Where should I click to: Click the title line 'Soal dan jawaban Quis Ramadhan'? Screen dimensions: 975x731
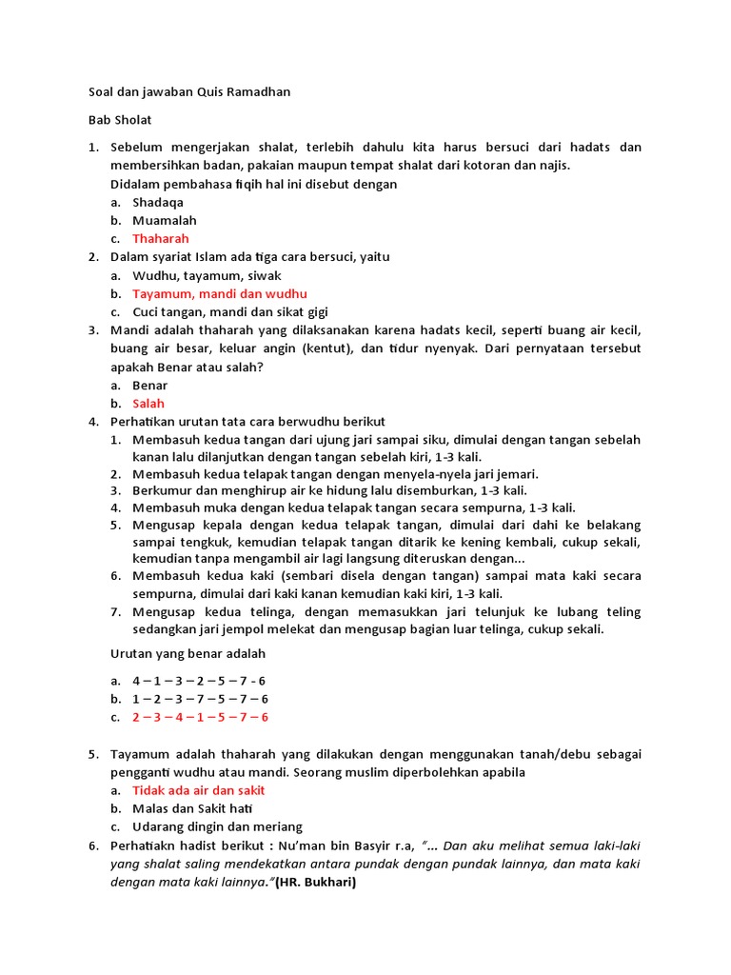pyautogui.click(x=189, y=92)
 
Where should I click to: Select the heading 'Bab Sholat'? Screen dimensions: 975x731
pyautogui.click(x=120, y=120)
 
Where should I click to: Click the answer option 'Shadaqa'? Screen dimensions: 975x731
pyautogui.click(x=158, y=202)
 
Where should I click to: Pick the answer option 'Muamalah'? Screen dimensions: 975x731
pyautogui.click(x=165, y=220)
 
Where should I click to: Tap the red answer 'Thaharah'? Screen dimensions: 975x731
pyautogui.click(x=161, y=238)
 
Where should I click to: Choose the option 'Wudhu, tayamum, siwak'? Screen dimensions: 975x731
pyautogui.click(x=207, y=275)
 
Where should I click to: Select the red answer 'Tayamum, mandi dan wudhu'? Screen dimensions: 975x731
pyautogui.click(x=220, y=293)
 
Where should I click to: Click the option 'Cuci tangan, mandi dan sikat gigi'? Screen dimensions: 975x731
pyautogui.click(x=230, y=311)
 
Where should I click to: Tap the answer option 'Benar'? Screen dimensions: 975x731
pyautogui.click(x=150, y=385)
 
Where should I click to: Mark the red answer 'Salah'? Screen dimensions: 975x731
pyautogui.click(x=148, y=403)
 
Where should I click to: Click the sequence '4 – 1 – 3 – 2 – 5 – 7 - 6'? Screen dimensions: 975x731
pyautogui.click(x=200, y=681)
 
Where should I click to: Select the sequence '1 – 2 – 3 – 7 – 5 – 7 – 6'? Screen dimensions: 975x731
pyautogui.click(x=200, y=699)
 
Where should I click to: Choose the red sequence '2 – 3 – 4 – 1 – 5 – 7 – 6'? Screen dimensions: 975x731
pyautogui.click(x=200, y=717)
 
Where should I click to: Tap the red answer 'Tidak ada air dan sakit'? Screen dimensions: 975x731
pyautogui.click(x=198, y=790)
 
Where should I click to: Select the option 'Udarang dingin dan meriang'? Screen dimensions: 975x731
pyautogui.click(x=217, y=826)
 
